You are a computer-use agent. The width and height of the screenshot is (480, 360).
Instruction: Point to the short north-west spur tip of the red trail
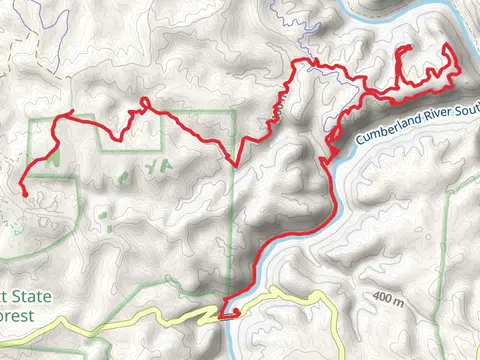(x=73, y=111)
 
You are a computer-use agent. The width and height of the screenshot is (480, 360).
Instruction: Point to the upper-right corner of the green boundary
(x=233, y=120)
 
